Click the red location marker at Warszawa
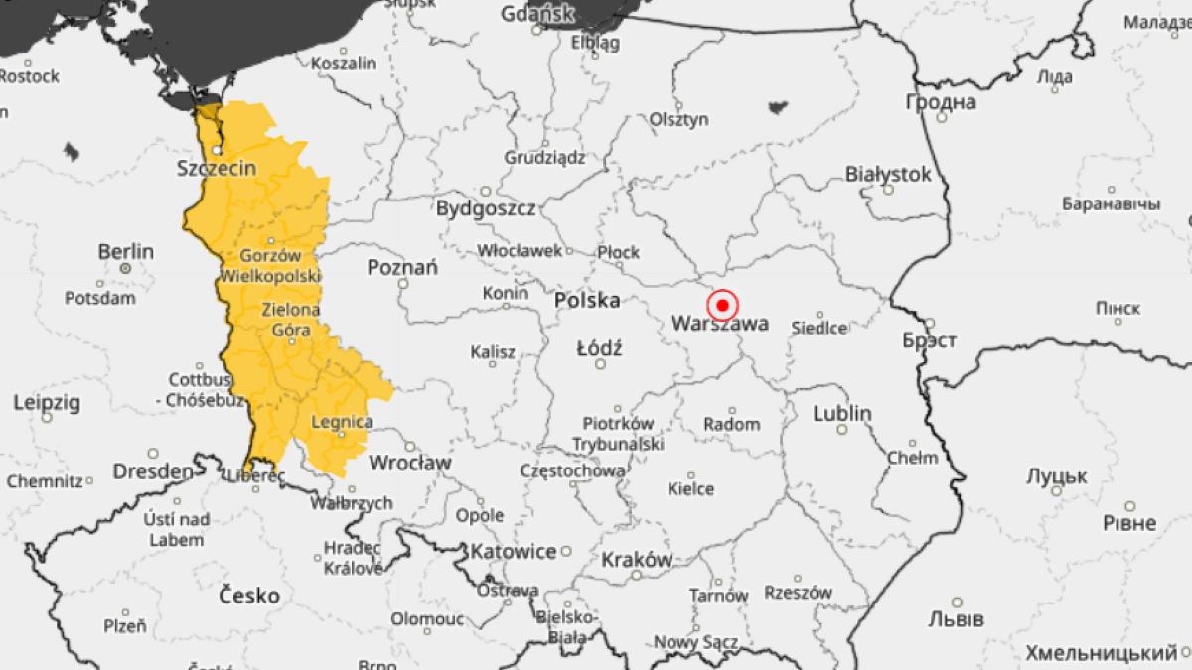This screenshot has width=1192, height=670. point(723,304)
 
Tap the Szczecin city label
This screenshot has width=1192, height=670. point(216,168)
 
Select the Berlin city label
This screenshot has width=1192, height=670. point(125,251)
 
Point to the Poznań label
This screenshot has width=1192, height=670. point(402,267)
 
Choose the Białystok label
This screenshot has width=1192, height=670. point(888,175)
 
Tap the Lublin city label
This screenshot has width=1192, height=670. point(841,413)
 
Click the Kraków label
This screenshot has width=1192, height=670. point(637,559)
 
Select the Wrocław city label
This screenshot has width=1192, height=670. point(409,463)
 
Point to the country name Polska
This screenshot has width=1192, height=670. point(587,300)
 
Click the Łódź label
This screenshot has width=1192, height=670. point(599,348)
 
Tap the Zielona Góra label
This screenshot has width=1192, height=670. point(290,320)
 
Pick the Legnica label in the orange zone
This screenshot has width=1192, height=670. point(342,422)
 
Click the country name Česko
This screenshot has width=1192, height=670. point(249,596)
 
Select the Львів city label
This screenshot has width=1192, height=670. point(956,619)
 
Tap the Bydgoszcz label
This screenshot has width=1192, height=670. point(486,208)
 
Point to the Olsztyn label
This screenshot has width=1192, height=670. point(679,119)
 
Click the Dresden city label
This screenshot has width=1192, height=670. point(152,471)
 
